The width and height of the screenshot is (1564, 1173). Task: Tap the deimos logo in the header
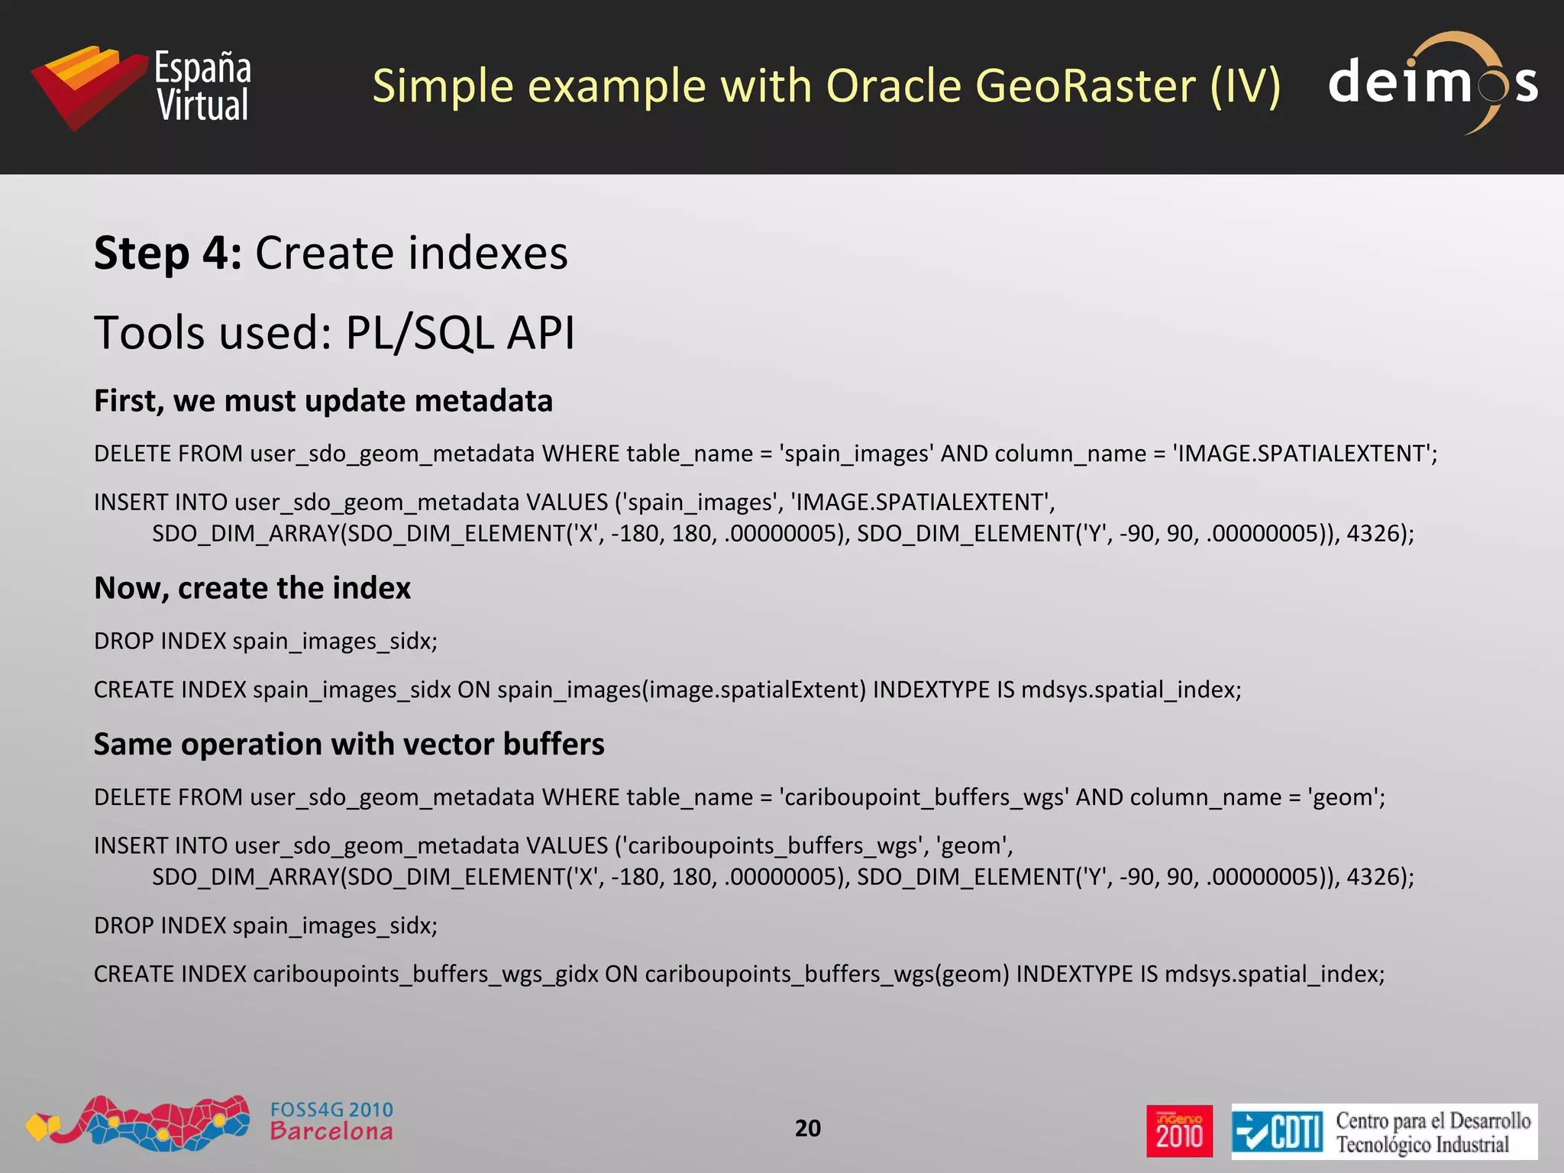click(1433, 82)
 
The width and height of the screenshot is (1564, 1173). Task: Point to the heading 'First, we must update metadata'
click(323, 401)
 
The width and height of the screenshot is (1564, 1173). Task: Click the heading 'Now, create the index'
click(252, 588)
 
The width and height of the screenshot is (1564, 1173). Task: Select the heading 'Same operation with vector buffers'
click(349, 744)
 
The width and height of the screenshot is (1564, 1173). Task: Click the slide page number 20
click(807, 1128)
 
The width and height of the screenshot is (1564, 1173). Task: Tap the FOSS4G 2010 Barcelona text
click(331, 1121)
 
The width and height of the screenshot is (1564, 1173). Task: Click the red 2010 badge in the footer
click(1178, 1131)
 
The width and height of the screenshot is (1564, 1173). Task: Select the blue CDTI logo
click(1278, 1132)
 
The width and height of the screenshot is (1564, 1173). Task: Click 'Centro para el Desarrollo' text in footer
click(1433, 1120)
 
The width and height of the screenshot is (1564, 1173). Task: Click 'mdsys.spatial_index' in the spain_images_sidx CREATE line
click(1130, 690)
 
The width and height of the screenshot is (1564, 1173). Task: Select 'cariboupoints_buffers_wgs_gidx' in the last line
click(425, 974)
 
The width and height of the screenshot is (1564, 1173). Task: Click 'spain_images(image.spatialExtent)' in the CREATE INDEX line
click(681, 690)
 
